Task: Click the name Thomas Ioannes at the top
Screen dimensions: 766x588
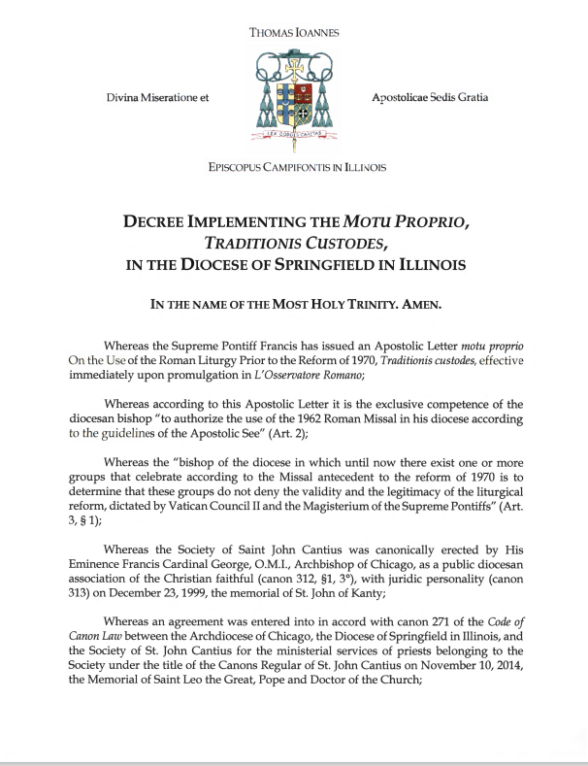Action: click(x=294, y=32)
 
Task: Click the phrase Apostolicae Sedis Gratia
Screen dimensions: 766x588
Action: click(x=430, y=98)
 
